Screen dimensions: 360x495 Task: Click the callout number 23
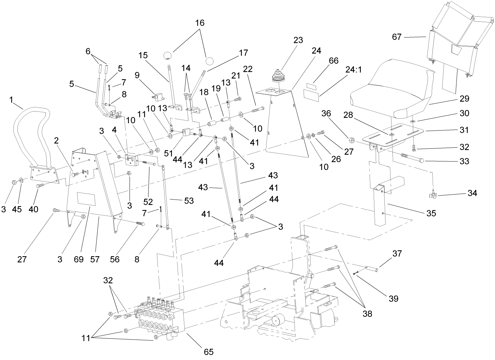(x=298, y=40)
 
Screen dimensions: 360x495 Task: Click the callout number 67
(x=397, y=37)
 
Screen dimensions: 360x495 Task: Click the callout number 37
(x=397, y=254)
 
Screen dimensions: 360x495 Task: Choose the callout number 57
(x=95, y=259)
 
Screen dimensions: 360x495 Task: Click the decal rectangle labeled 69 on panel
(x=86, y=199)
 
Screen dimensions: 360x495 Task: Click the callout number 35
(x=431, y=213)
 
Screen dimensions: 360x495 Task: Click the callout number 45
(x=17, y=209)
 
